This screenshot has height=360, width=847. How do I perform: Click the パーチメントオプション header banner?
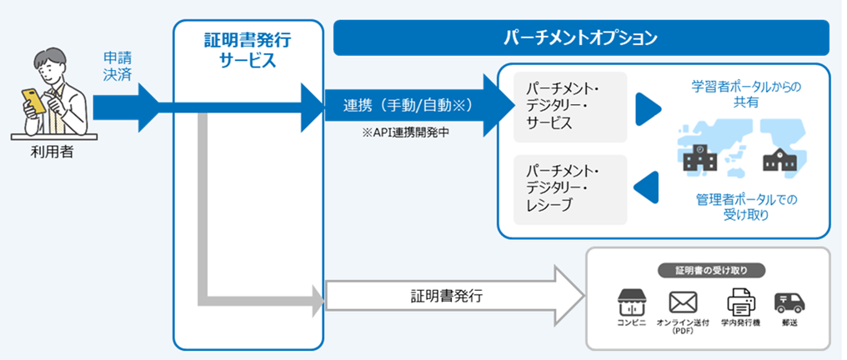pyautogui.click(x=581, y=38)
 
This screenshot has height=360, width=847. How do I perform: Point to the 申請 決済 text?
pyautogui.click(x=117, y=67)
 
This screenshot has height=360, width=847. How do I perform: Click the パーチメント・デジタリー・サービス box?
pyautogui.click(x=570, y=106)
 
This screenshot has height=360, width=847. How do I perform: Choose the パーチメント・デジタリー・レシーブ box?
pyautogui.click(x=570, y=189)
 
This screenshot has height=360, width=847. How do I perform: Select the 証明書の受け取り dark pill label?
pyautogui.click(x=710, y=270)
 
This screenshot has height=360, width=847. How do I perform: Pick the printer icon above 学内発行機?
pyautogui.click(x=739, y=300)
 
